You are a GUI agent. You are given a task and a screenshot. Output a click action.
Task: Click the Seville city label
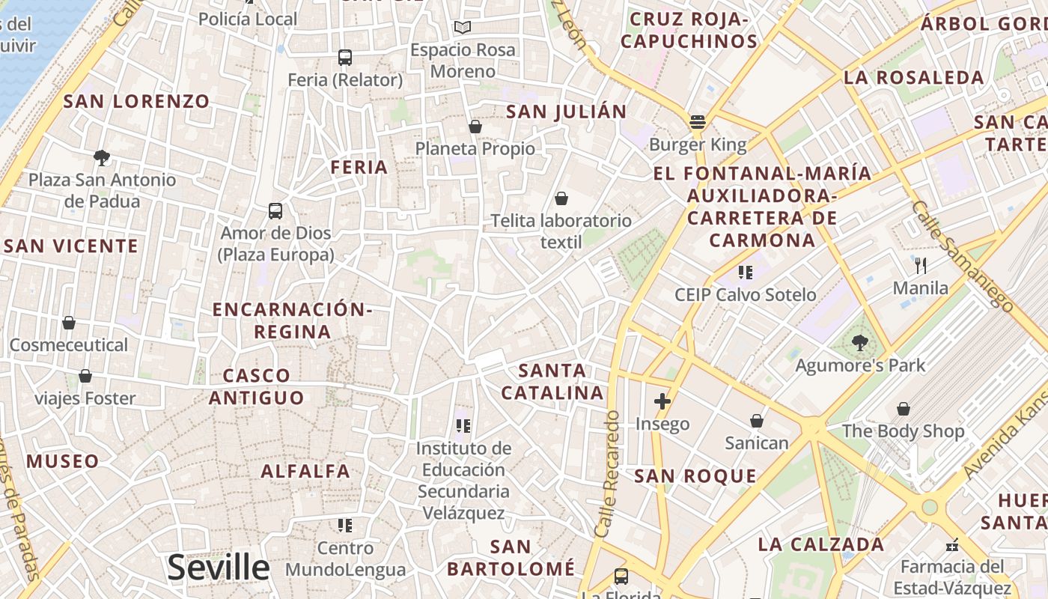point(218,568)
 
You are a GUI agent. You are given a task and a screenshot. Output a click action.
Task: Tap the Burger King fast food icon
point(698,121)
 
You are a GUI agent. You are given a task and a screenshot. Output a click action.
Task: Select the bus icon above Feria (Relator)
point(345,58)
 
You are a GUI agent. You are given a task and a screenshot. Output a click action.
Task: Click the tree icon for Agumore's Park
point(860,343)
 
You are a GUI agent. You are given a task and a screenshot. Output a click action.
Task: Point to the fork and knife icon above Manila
point(921,265)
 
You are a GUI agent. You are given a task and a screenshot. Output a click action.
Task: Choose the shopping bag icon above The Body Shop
point(904,409)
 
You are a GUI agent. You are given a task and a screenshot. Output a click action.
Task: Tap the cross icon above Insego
point(662,401)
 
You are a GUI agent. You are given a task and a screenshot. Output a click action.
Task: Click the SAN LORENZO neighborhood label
point(136,101)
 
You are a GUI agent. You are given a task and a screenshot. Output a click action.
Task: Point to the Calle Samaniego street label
point(962,255)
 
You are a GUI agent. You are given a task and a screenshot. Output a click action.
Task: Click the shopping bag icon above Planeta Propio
point(475,127)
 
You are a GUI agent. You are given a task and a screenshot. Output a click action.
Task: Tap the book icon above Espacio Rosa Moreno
point(463,28)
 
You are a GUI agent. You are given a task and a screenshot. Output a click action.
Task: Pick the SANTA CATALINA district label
point(552,381)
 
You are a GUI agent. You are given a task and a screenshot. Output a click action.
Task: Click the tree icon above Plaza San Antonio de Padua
point(102,157)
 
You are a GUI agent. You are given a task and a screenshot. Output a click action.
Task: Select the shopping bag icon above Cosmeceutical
point(69,323)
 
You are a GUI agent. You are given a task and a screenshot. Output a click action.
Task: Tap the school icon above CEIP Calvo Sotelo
point(745,272)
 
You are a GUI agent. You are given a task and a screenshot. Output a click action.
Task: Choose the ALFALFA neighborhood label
point(305,471)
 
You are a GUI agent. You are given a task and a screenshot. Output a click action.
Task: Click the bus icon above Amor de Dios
point(275,211)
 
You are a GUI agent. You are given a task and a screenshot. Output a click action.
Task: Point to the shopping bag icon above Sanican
point(757,421)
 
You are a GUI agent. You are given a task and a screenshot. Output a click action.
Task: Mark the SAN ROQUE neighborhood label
point(695,475)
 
